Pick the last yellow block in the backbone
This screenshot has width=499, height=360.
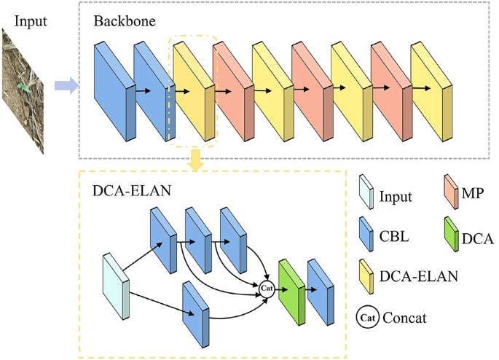[430, 87]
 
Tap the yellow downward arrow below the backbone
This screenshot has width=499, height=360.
[195, 162]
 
